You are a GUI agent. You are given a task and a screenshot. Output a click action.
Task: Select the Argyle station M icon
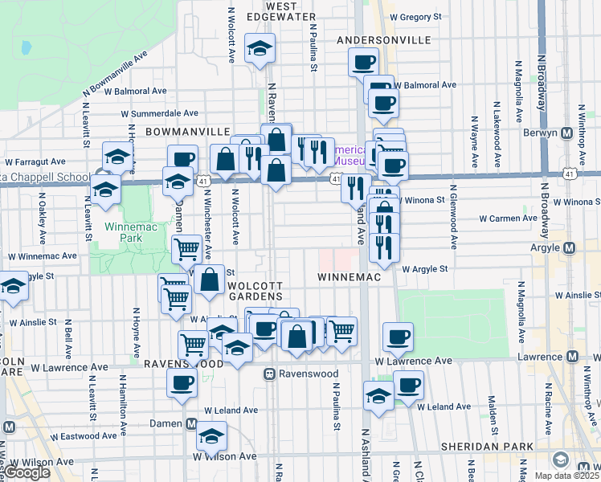click(570, 247)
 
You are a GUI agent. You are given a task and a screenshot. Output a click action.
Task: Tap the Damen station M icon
click(191, 423)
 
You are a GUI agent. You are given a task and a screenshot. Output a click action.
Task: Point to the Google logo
click(27, 472)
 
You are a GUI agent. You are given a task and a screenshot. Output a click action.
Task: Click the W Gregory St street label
click(415, 16)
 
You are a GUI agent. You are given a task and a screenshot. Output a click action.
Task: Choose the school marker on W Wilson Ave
click(212, 437)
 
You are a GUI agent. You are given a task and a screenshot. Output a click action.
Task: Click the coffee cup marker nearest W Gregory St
click(363, 61)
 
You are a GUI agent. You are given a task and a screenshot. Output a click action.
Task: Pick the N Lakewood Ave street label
click(497, 120)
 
